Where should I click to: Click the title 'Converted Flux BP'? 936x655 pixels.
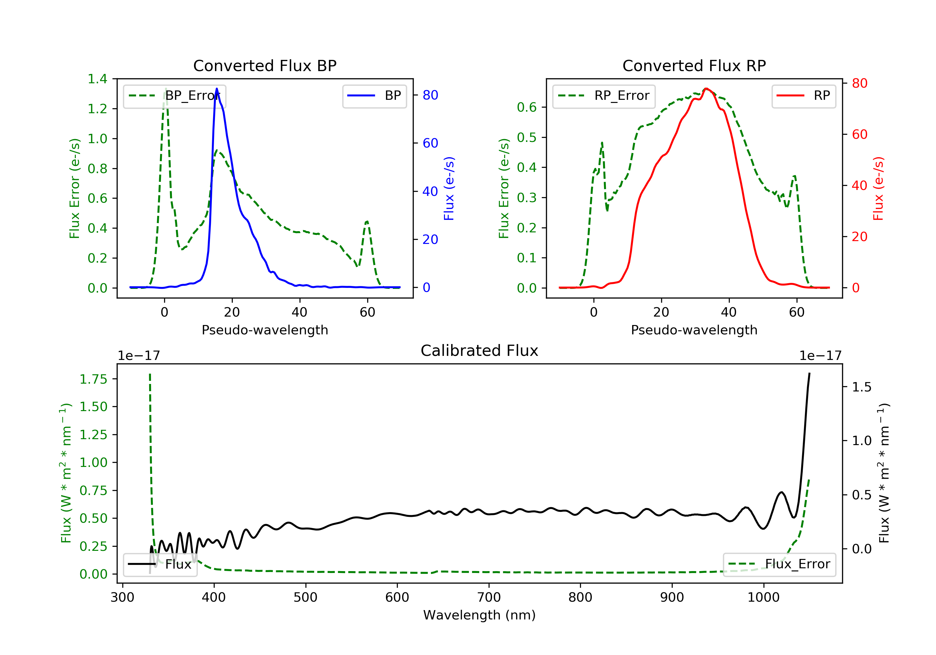pos(265,65)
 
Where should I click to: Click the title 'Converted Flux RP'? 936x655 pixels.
pos(694,65)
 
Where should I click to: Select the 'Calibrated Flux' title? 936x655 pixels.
pos(480,351)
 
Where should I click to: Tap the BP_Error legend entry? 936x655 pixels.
pos(174,96)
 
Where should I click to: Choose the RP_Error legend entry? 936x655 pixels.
pos(603,96)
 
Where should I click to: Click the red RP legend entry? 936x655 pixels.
pos(803,96)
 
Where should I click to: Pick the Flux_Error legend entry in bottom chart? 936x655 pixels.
pos(779,564)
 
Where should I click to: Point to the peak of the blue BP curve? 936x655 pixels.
pos(217,89)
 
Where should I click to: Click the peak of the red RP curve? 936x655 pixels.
pos(706,89)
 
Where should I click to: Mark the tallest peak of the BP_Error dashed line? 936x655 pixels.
pos(165,89)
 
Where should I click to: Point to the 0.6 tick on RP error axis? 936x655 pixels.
pos(527,107)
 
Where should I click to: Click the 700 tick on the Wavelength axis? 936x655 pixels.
pos(489,598)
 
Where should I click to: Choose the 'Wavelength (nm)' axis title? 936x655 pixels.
pos(480,615)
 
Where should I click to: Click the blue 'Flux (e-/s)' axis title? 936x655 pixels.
pos(449,188)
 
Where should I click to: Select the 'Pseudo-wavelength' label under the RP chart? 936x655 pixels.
pos(694,330)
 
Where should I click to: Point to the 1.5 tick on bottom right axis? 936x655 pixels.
pos(862,387)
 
